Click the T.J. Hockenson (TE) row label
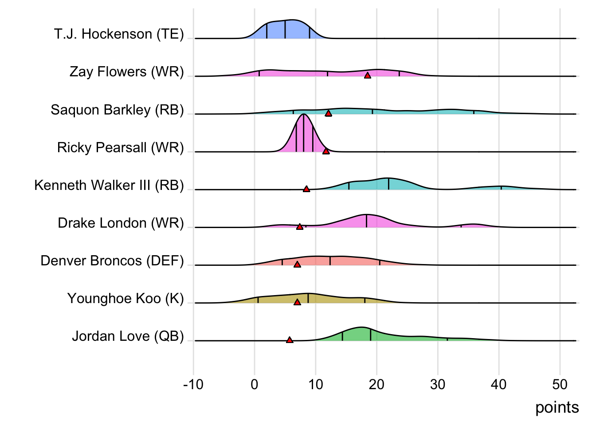click(119, 34)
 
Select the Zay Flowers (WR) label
click(126, 72)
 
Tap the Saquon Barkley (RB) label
click(117, 110)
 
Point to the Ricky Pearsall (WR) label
click(120, 147)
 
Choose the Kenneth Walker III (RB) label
click(109, 185)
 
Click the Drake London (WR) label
click(121, 223)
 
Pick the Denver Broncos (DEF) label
click(112, 260)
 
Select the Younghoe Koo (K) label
click(125, 298)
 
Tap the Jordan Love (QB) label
click(128, 336)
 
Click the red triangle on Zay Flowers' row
click(367, 75)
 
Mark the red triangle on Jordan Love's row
click(290, 340)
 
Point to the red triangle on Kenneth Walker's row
click(306, 189)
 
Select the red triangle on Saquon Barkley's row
click(328, 114)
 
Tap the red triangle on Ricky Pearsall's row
click(326, 151)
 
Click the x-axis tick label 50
click(560, 384)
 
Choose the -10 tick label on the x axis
click(193, 384)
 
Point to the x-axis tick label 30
click(438, 384)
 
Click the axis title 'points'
click(557, 407)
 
